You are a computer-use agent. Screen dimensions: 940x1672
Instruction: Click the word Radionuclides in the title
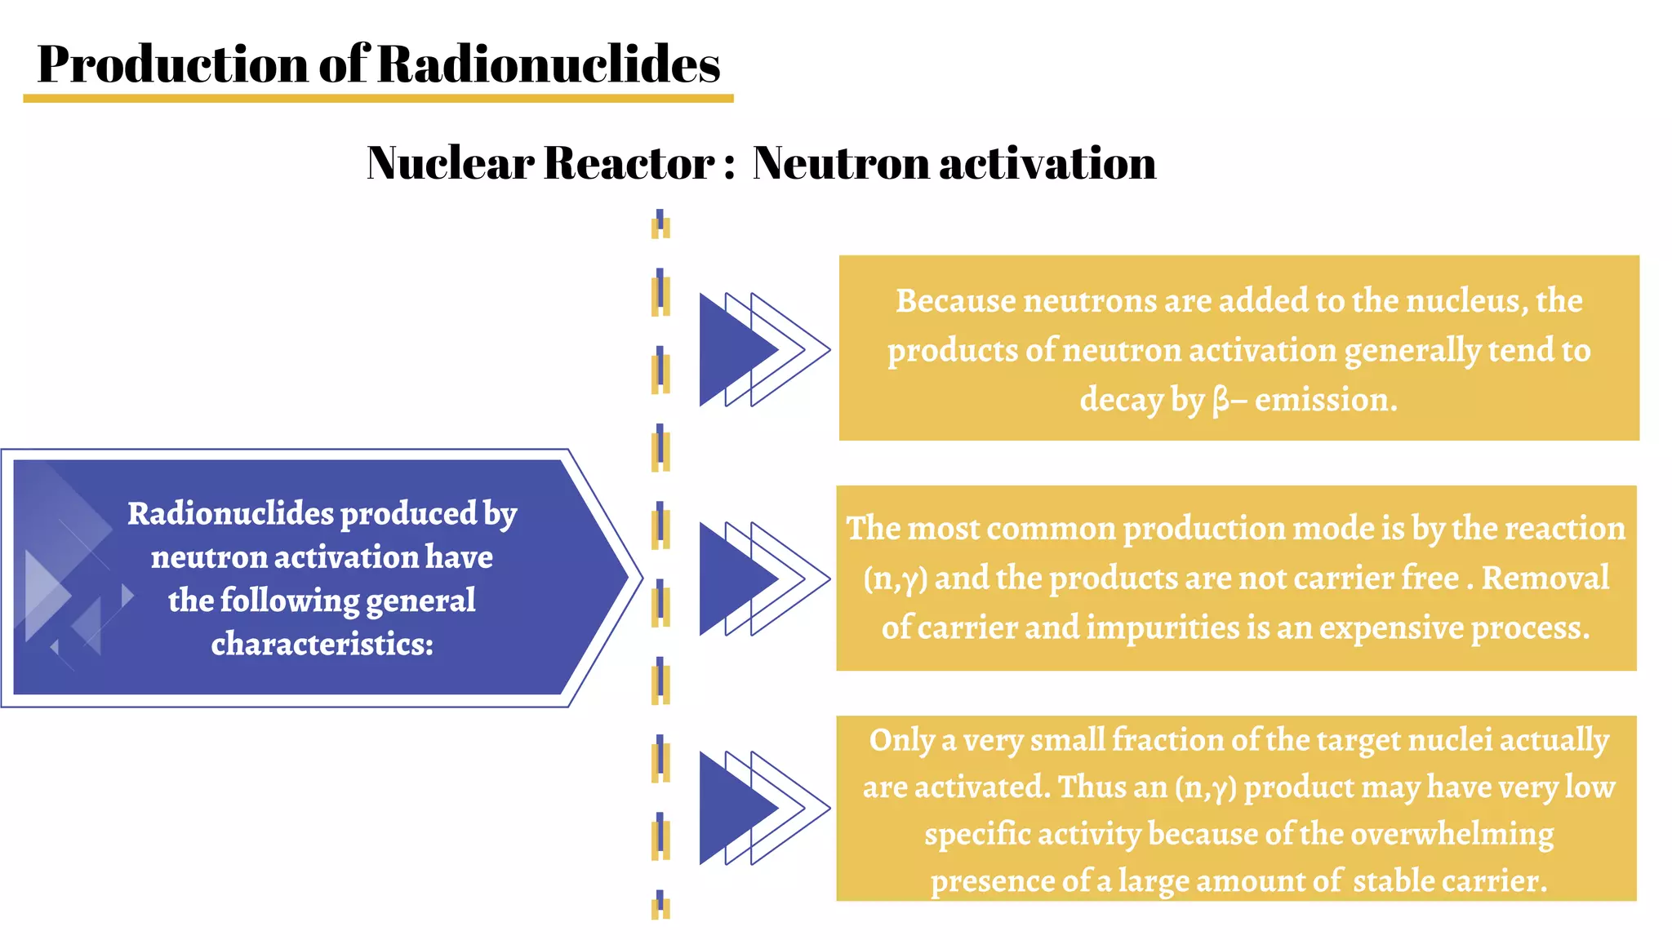point(549,64)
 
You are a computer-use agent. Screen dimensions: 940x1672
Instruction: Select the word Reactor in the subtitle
point(629,162)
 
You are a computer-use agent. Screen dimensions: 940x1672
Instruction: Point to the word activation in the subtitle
point(1047,162)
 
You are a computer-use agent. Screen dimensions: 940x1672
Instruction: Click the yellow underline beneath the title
point(378,99)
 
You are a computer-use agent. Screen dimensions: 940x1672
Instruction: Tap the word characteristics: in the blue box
point(322,644)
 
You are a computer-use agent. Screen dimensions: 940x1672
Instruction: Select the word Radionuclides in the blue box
point(230,513)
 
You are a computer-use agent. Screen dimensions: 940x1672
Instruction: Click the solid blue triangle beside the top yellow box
point(731,350)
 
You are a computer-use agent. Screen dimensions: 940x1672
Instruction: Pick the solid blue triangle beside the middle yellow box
point(731,579)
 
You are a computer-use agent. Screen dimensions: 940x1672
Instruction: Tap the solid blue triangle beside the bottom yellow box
point(731,808)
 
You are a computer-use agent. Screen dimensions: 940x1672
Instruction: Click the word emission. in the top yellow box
point(1326,400)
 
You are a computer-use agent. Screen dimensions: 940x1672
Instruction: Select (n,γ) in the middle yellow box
point(896,579)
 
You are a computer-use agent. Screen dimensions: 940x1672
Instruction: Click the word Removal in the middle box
point(1545,578)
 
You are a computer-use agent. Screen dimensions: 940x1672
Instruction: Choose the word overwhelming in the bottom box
point(1452,834)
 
